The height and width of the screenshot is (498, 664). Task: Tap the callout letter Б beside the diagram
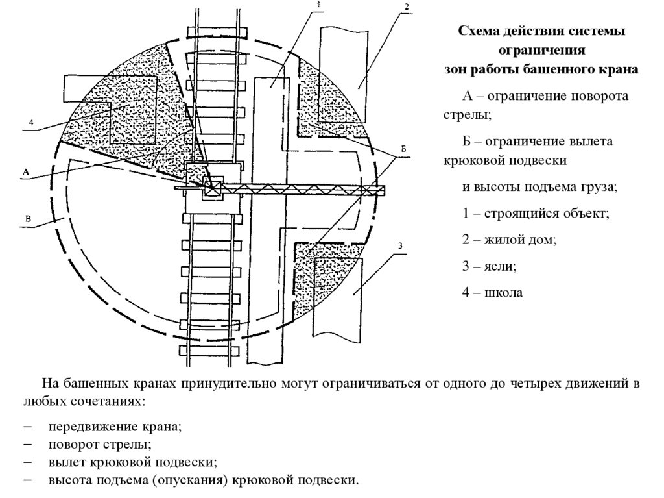coord(403,149)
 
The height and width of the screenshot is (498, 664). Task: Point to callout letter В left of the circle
coord(28,220)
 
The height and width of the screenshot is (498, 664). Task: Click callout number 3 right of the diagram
coord(401,245)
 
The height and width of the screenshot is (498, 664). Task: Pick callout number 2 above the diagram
coord(405,6)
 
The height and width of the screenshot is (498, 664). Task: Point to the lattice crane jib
coord(305,189)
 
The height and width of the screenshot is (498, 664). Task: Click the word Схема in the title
coord(480,32)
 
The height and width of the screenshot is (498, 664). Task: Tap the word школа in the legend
coord(503,293)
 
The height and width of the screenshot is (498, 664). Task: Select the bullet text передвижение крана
coord(114,427)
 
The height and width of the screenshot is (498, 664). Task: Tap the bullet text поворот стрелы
coord(99,445)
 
